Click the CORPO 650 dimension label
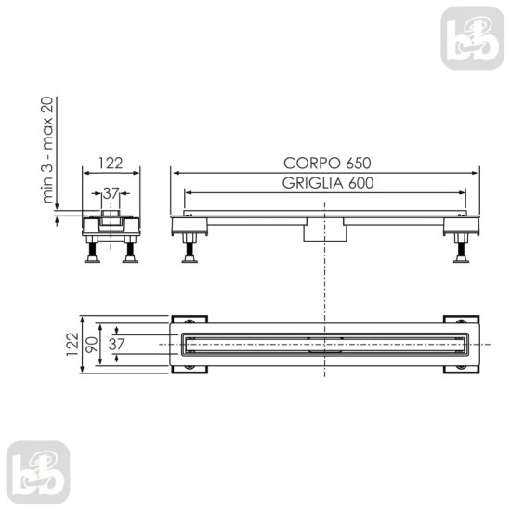pos(327,164)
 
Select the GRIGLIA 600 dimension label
pos(328,183)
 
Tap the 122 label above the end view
pos(111,164)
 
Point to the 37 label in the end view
pos(111,193)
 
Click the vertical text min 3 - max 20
pos(48,150)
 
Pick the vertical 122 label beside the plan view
pos(72,344)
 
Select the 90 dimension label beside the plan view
pos(92,345)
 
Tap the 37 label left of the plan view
pos(116,344)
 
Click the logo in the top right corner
pos(473,38)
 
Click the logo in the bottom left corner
pos(38,473)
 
